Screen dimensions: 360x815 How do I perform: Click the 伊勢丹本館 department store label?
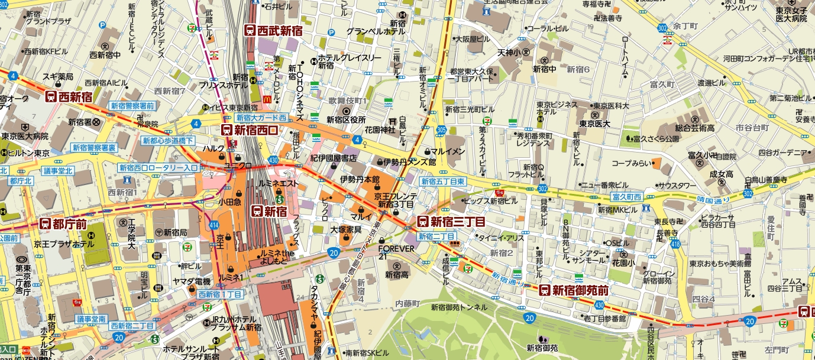pyautogui.click(x=360, y=179)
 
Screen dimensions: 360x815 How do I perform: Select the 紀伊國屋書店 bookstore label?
pyautogui.click(x=333, y=158)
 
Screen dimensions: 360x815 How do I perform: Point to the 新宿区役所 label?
pyautogui.click(x=347, y=120)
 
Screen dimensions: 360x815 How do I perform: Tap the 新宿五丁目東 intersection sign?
pyautogui.click(x=442, y=181)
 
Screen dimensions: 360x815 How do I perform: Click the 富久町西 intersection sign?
pyautogui.click(x=626, y=196)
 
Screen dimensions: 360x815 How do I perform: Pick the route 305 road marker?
pyautogui.click(x=441, y=129)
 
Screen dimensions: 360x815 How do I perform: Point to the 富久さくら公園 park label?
pyautogui.click(x=656, y=140)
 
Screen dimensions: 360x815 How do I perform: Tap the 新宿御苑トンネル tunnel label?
pyautogui.click(x=459, y=307)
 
